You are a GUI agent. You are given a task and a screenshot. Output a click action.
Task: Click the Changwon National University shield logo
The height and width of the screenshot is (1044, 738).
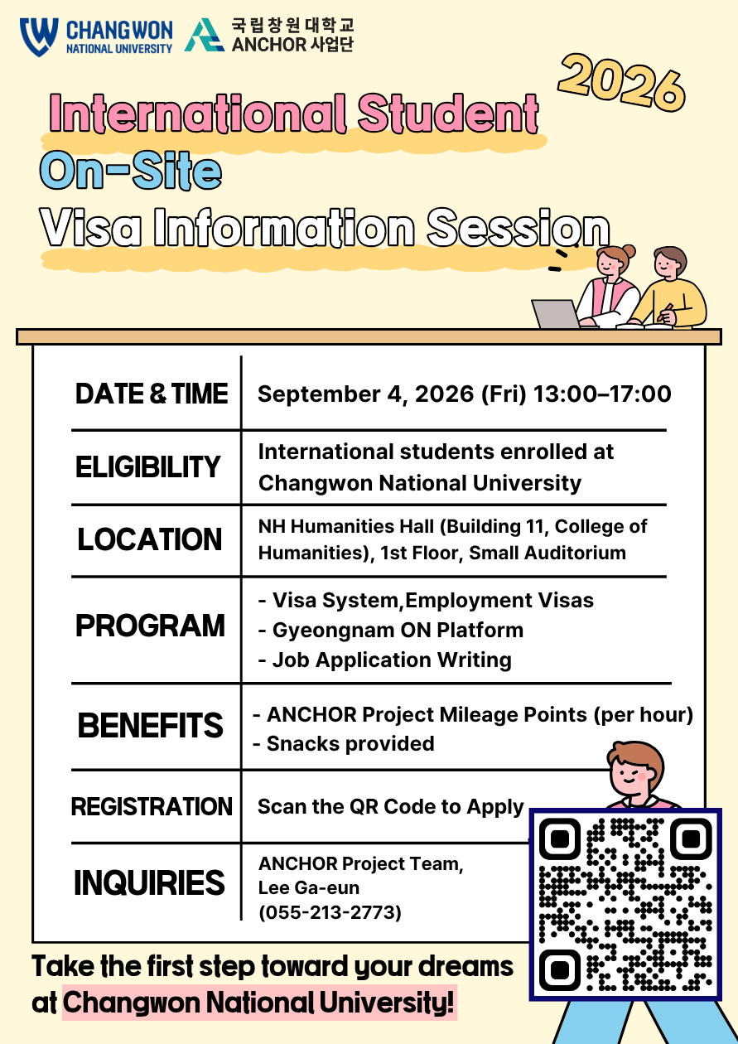[x=39, y=36]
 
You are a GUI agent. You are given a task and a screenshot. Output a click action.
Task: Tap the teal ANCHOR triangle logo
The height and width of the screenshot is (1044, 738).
[x=204, y=35]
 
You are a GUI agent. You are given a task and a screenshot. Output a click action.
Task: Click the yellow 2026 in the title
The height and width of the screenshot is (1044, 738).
[x=622, y=83]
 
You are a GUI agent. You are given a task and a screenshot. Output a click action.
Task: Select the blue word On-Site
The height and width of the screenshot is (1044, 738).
[x=131, y=171]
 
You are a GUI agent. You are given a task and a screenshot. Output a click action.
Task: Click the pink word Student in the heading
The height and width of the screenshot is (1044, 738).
[x=448, y=114]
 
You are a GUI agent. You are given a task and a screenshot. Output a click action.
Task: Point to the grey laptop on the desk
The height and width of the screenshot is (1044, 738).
[x=555, y=314]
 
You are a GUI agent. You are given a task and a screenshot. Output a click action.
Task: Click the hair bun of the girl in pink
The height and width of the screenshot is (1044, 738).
[x=629, y=251]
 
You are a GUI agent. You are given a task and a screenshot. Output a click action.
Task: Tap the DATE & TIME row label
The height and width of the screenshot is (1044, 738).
[x=152, y=394]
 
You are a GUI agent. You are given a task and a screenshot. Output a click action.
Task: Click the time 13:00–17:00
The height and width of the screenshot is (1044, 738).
[x=602, y=394]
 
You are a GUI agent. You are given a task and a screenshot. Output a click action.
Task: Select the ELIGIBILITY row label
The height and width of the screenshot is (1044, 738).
[x=147, y=466]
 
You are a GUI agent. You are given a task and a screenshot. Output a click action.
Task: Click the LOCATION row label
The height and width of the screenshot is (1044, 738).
[x=150, y=539]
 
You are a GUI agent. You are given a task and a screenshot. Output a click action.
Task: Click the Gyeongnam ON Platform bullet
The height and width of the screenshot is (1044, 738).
[x=391, y=630]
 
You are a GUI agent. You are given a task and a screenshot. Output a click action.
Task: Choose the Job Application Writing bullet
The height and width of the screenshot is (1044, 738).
[x=385, y=660]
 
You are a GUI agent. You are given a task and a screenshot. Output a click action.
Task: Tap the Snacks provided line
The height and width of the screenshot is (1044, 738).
[x=344, y=744]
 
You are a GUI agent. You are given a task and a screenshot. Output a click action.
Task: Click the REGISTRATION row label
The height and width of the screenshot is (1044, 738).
[x=152, y=807]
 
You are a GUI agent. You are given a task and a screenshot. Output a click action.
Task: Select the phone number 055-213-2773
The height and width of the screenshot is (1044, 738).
[x=330, y=912]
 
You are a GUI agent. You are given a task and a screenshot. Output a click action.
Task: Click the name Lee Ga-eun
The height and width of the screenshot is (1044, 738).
[x=309, y=888]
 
